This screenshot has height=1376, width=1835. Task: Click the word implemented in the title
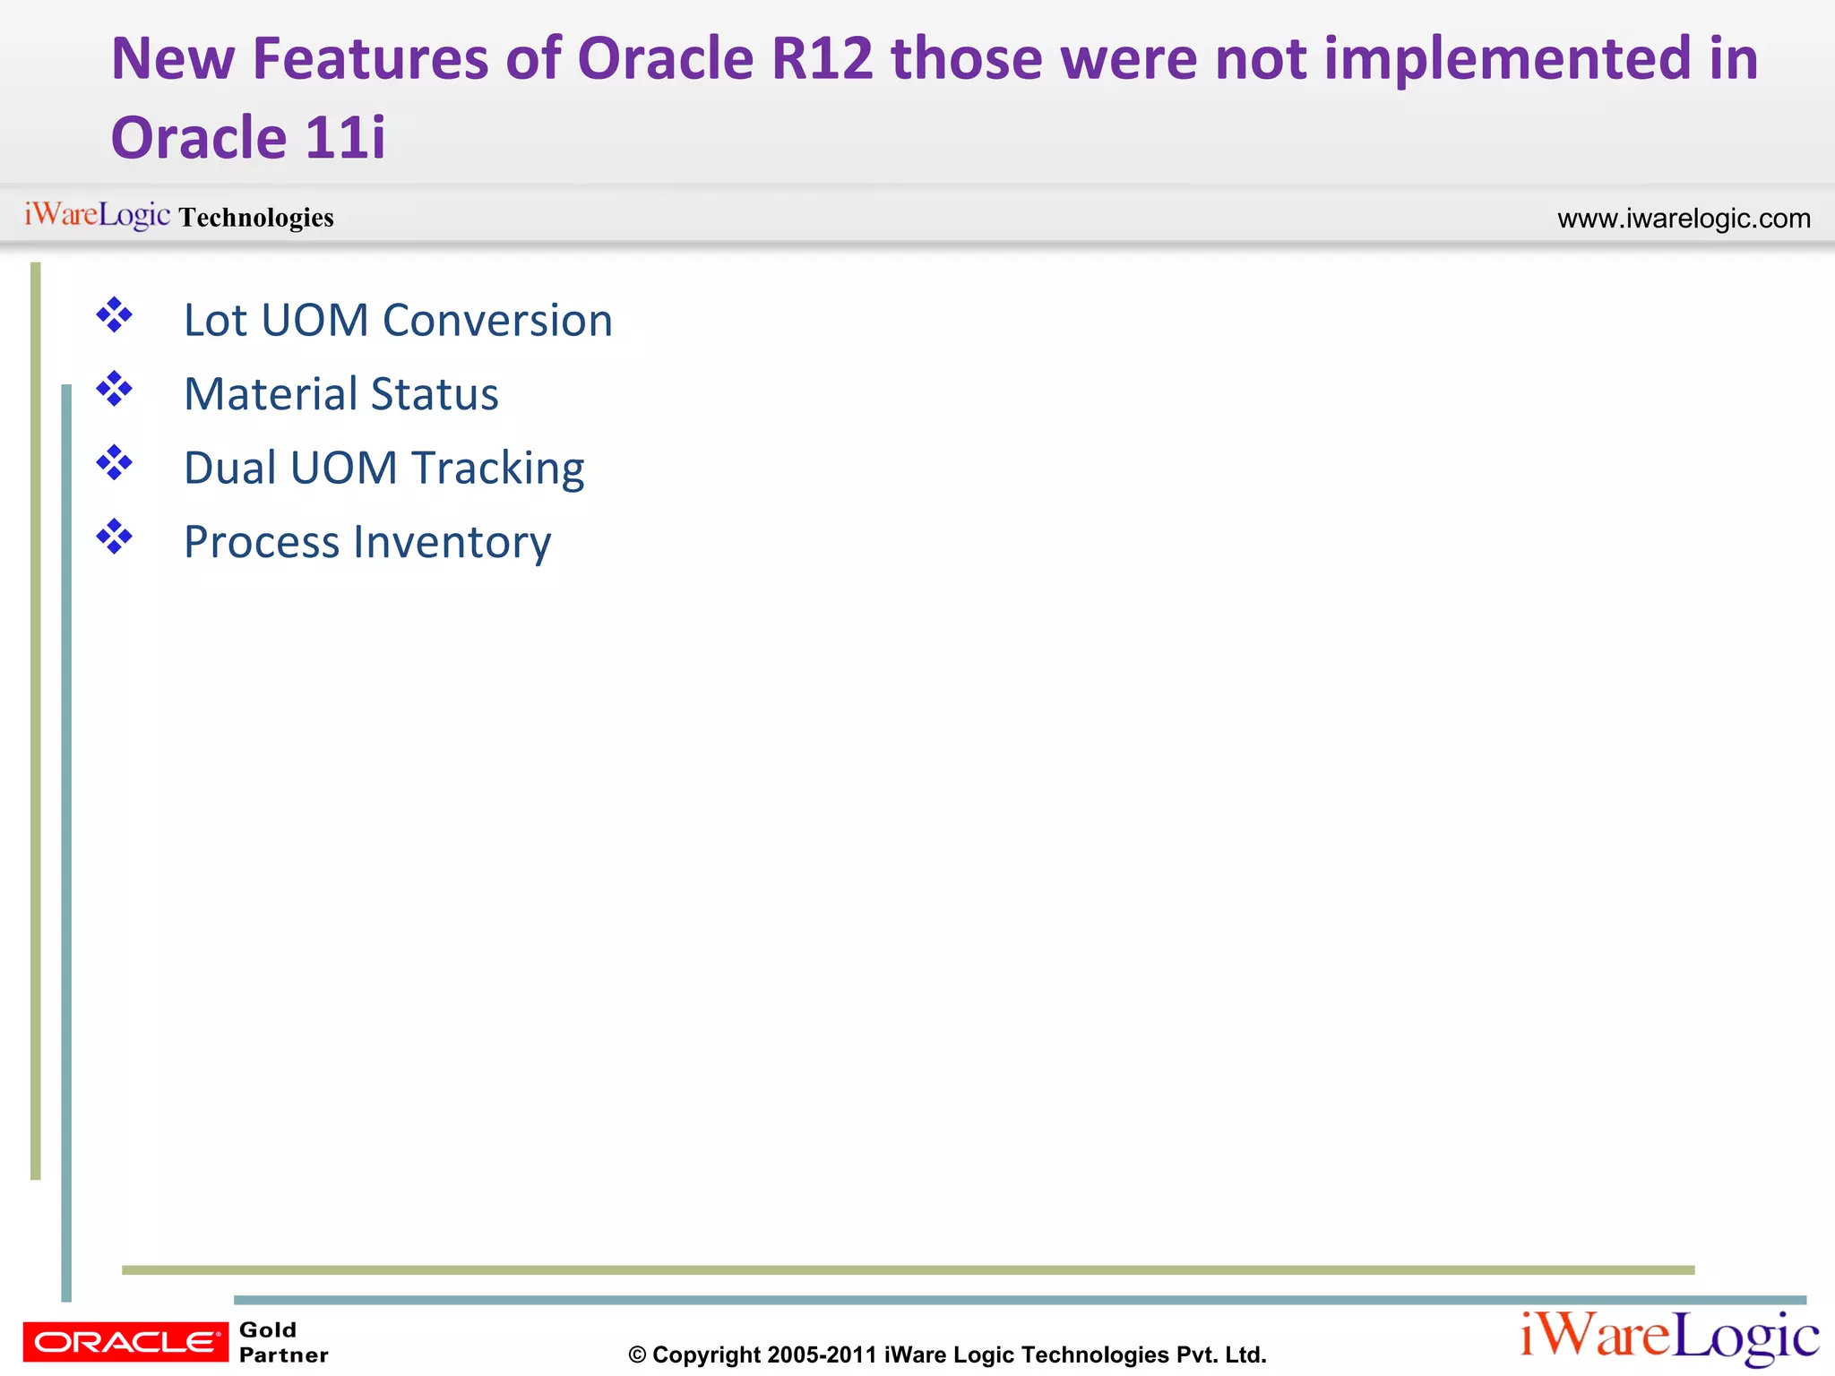[x=1506, y=59]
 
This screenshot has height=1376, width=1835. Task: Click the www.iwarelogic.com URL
[x=1684, y=219]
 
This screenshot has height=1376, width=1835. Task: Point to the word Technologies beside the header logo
[x=256, y=218]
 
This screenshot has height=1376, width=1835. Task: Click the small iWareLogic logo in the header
[x=97, y=215]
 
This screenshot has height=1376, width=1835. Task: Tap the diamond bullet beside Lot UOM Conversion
[x=115, y=315]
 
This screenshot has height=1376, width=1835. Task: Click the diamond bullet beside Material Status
[x=115, y=390]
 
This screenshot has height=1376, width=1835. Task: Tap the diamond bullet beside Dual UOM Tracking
[x=115, y=463]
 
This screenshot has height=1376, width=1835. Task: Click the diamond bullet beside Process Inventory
[x=115, y=537]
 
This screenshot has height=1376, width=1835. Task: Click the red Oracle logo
[x=125, y=1342]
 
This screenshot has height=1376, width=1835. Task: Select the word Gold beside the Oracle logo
[x=268, y=1330]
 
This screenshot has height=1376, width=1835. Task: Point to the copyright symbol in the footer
[x=637, y=1355]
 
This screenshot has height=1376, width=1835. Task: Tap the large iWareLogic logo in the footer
[x=1668, y=1337]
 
